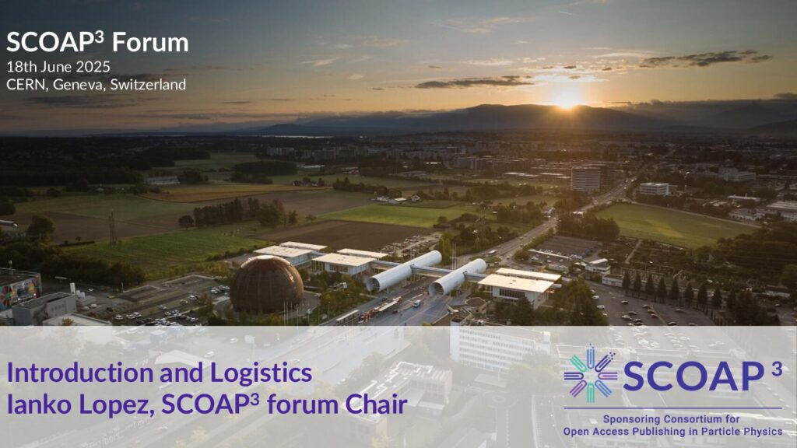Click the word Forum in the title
pyautogui.click(x=150, y=43)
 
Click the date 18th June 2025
pyautogui.click(x=58, y=67)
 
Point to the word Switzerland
pyautogui.click(x=148, y=84)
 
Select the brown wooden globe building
pyautogui.click(x=266, y=285)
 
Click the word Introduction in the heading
pyautogui.click(x=80, y=373)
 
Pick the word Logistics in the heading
pyautogui.click(x=261, y=373)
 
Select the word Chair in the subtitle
pyautogui.click(x=376, y=404)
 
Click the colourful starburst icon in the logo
pyautogui.click(x=590, y=373)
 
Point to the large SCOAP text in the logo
pyautogui.click(x=693, y=376)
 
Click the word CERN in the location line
pyautogui.click(x=26, y=84)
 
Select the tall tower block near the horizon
pyautogui.click(x=585, y=179)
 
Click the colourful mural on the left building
pyautogui.click(x=20, y=292)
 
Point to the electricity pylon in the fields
pyautogui.click(x=112, y=229)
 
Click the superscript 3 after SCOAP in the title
pyautogui.click(x=99, y=36)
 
